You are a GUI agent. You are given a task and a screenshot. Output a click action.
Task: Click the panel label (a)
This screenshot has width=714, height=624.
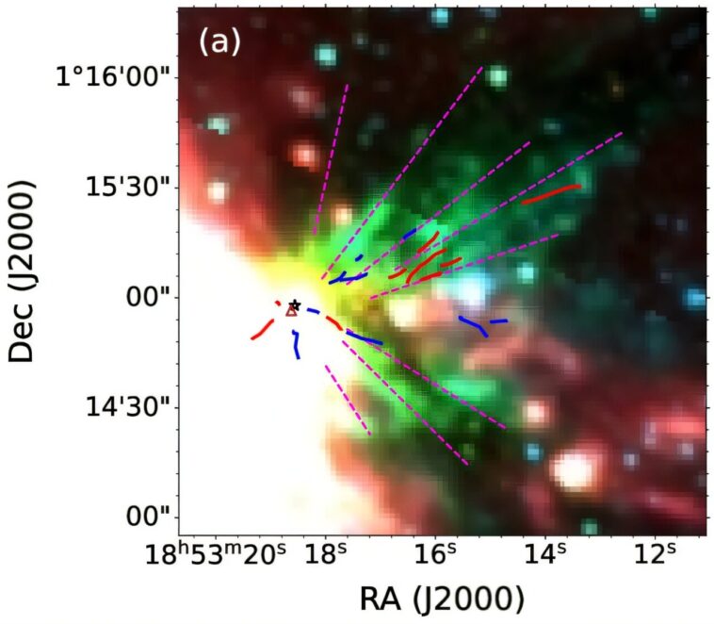click(219, 42)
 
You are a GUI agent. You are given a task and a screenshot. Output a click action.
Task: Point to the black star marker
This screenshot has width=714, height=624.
click(296, 304)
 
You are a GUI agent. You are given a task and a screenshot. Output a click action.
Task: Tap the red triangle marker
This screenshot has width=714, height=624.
click(291, 310)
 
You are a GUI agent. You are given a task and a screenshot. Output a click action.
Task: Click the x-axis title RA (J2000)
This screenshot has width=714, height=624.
click(441, 598)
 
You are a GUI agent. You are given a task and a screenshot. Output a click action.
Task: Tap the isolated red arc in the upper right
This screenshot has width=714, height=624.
click(551, 192)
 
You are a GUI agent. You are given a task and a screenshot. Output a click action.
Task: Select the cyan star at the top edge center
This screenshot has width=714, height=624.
click(440, 15)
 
